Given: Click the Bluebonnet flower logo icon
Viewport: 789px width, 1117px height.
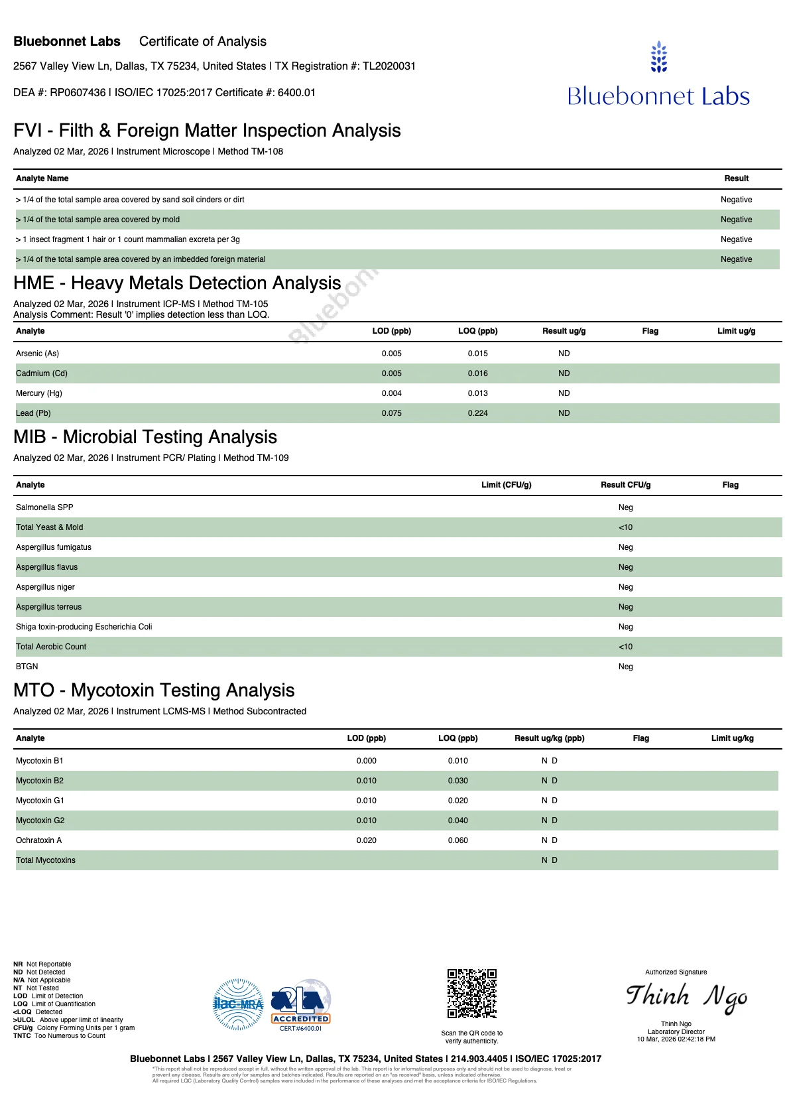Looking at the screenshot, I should coord(658,57).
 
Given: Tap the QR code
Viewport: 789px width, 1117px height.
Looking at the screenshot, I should coord(471,994).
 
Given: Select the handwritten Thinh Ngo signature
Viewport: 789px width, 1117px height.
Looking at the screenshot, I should coord(686,998).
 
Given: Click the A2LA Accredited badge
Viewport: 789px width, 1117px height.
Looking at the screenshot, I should coord(300,1004).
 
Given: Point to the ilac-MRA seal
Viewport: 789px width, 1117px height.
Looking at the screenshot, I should coord(238,1004).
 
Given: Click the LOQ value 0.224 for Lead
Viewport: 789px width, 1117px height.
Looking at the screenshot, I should coord(477,413).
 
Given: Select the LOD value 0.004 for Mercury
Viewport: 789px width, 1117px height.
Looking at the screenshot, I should coord(391,393).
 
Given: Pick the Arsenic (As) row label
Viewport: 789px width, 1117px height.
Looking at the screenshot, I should coord(38,354).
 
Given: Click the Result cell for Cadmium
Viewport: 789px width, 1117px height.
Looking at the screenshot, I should coord(564,373).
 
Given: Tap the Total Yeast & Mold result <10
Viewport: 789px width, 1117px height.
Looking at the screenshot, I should coord(625,527).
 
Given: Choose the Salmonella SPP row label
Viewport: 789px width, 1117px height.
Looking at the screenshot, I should coord(44,507).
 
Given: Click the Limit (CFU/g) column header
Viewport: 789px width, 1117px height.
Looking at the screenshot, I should coord(506,485).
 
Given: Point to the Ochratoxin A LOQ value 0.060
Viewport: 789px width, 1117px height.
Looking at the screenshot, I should coord(457,840).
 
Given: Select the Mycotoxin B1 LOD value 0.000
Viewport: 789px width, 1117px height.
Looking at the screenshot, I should coord(366,761).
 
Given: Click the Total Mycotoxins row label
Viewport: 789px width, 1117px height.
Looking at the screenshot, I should coord(46,860).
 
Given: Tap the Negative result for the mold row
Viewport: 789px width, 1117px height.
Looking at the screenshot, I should coord(736,220).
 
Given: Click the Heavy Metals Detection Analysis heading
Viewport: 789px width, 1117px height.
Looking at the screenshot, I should coord(177,283).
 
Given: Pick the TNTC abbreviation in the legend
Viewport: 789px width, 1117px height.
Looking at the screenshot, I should coord(22,1036).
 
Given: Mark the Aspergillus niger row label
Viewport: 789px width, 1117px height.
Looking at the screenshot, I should coord(45,587).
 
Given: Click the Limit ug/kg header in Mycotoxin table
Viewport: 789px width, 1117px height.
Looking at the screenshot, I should coord(732,738).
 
